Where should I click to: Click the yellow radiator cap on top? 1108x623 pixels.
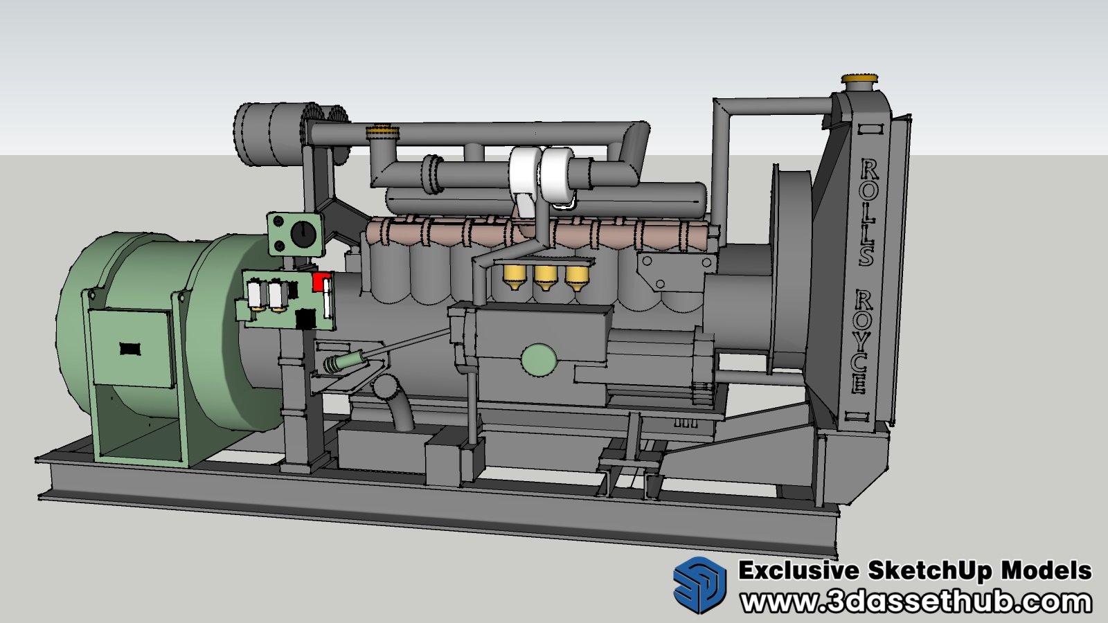[x=861, y=78]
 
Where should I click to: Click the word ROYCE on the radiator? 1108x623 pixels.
[x=861, y=341]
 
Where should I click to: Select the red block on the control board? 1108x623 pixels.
[x=321, y=281]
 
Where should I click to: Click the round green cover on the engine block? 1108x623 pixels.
[x=539, y=360]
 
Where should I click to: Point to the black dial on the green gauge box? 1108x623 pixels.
[x=301, y=233]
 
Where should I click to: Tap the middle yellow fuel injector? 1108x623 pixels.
[x=546, y=278]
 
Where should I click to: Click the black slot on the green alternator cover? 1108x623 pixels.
[x=130, y=349]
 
